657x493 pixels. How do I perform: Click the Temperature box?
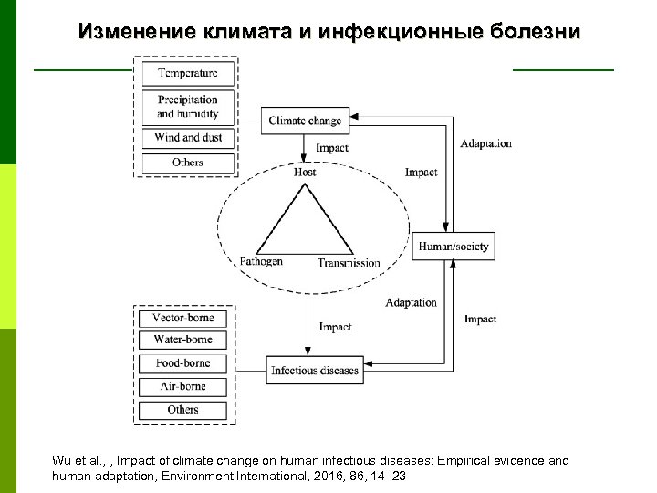pyautogui.click(x=187, y=73)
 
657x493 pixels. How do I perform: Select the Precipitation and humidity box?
pyautogui.click(x=187, y=107)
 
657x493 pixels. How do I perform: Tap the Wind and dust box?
pyautogui.click(x=187, y=138)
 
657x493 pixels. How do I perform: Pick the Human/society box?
pyautogui.click(x=454, y=246)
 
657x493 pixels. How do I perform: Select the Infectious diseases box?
pyautogui.click(x=315, y=371)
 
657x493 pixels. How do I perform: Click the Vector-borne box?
pyautogui.click(x=182, y=318)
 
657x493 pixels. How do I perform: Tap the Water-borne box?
pyautogui.click(x=182, y=340)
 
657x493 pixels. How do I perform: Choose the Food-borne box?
pyautogui.click(x=182, y=363)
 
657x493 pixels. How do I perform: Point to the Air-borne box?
pyautogui.click(x=182, y=387)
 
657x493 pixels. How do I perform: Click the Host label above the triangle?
pyautogui.click(x=305, y=172)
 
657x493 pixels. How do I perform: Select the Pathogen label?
pyautogui.click(x=261, y=261)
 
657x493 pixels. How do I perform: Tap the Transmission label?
pyautogui.click(x=349, y=263)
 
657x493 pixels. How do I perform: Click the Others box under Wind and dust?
pyautogui.click(x=187, y=163)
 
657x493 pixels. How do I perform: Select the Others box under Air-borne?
pyautogui.click(x=182, y=410)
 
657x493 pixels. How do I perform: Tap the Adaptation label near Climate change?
pyautogui.click(x=485, y=143)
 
